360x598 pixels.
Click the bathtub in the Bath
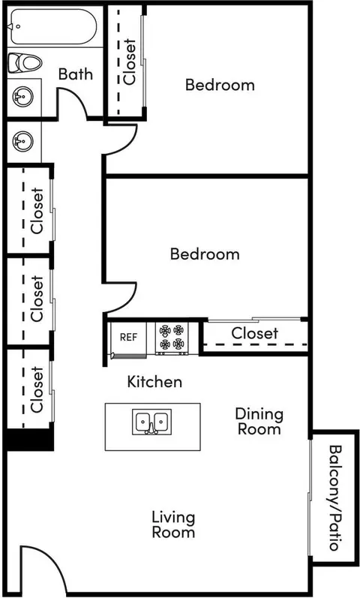[x=52, y=26]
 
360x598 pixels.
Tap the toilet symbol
[x=25, y=62]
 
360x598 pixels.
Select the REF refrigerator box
[x=128, y=338]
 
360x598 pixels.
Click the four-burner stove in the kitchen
[x=172, y=337]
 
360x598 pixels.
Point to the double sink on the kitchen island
[x=151, y=422]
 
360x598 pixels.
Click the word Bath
[x=76, y=74]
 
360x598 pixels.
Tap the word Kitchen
[x=154, y=381]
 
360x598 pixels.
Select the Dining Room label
[x=259, y=422]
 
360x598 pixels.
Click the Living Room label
[x=173, y=524]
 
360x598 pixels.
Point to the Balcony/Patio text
[x=334, y=497]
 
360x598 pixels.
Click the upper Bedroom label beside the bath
[x=220, y=84]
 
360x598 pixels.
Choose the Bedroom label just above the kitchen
[x=205, y=254]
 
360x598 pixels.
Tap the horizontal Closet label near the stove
[x=255, y=333]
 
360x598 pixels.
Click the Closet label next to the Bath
[x=130, y=62]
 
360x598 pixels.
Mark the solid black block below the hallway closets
[x=30, y=440]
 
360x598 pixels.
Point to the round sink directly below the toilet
[x=23, y=97]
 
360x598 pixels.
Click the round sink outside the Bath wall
[x=23, y=141]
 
